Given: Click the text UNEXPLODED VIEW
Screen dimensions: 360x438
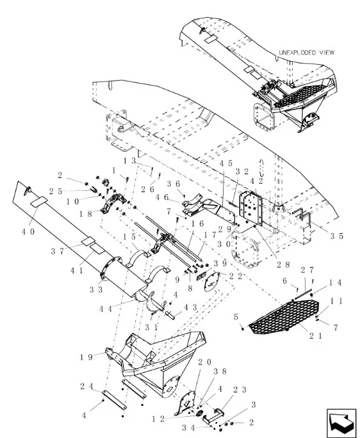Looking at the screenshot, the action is (x=307, y=53).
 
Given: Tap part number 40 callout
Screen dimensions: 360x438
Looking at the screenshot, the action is (x=29, y=232).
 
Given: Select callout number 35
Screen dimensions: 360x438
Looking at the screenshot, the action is (x=337, y=236).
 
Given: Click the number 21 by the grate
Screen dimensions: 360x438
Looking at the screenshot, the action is (x=316, y=336).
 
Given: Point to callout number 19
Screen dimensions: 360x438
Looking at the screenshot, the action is (x=86, y=357).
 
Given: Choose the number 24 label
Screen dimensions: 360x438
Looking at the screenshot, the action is (x=86, y=387).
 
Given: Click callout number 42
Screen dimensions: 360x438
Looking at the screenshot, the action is (x=257, y=181).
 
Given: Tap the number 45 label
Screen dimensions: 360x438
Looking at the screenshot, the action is (x=226, y=163).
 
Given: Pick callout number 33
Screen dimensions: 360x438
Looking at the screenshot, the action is (x=96, y=289).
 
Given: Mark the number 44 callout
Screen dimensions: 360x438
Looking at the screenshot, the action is (x=106, y=309).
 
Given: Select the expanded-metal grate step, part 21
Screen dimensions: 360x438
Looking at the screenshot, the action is (x=284, y=317).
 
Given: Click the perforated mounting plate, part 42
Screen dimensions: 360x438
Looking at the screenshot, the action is (x=250, y=208).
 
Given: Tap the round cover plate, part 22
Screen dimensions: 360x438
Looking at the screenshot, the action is (x=211, y=282).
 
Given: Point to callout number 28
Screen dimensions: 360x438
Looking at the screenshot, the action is (x=283, y=264).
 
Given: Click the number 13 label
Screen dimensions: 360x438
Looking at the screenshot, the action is (x=130, y=161).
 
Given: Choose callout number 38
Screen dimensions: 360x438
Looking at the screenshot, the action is (x=220, y=371).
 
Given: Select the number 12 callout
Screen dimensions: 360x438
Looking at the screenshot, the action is (x=159, y=419).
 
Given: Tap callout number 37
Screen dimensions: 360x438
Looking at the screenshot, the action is (x=58, y=252).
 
